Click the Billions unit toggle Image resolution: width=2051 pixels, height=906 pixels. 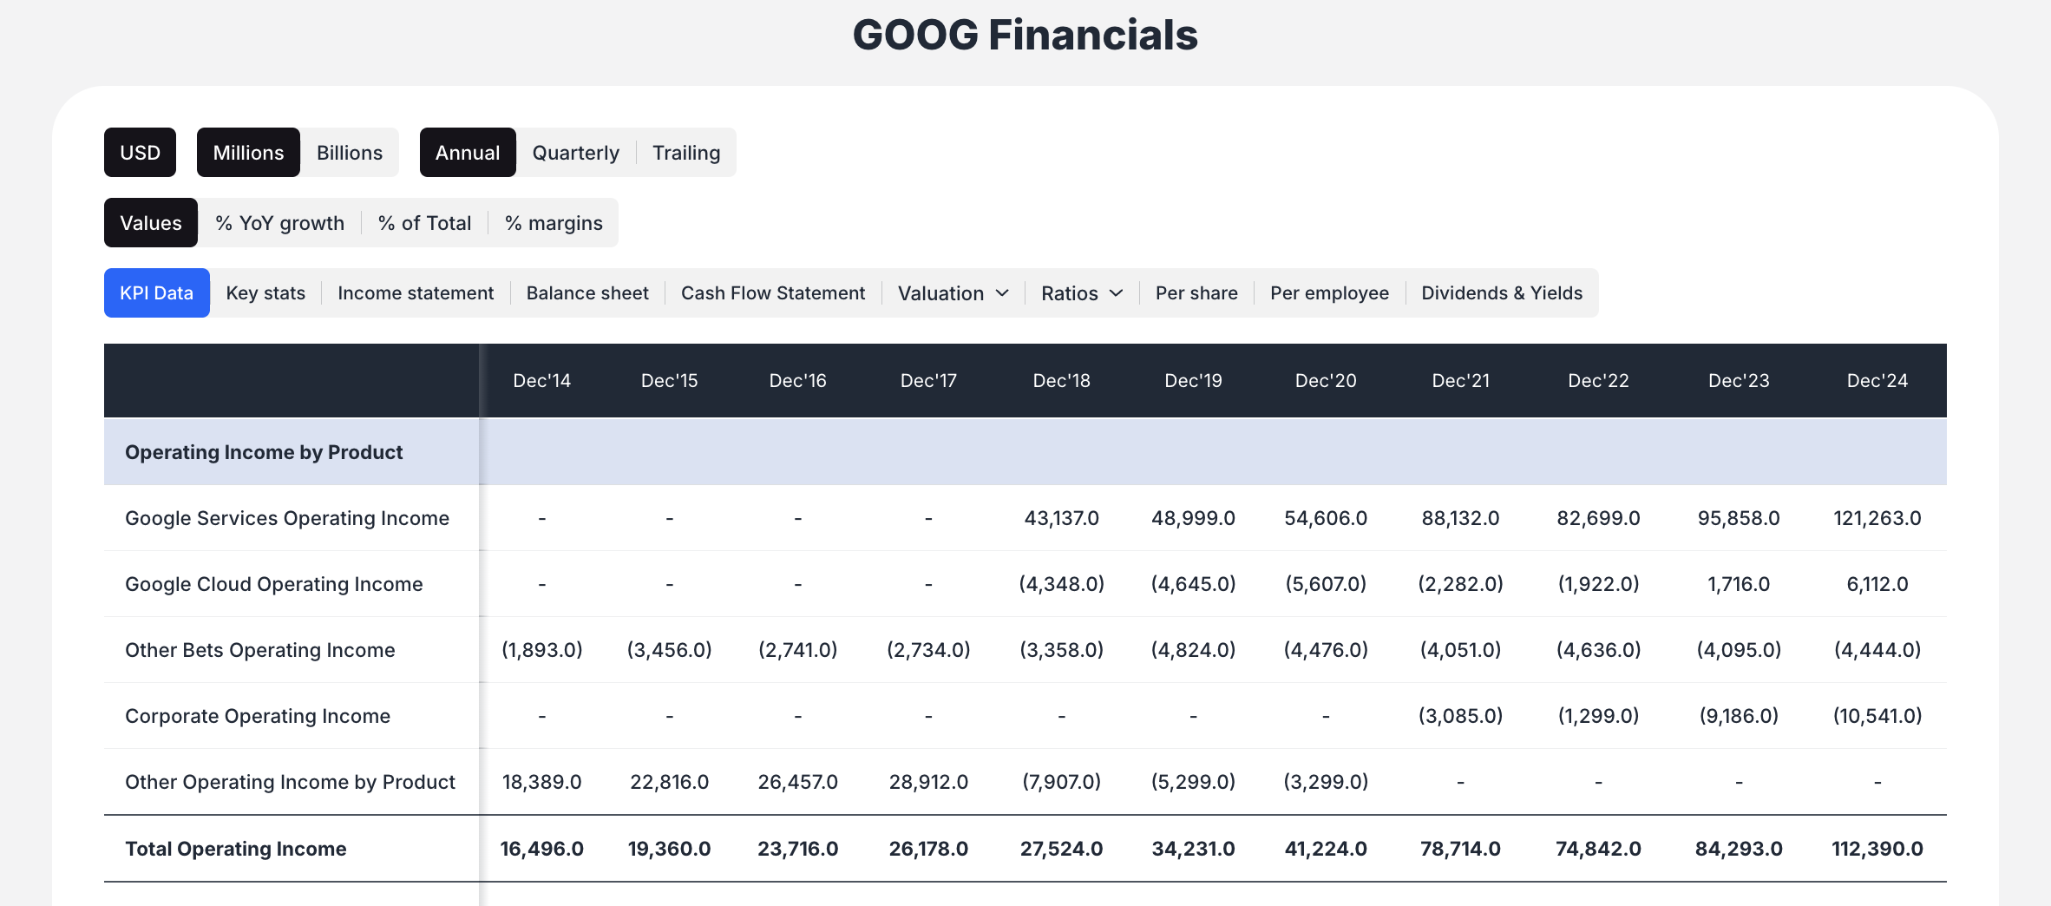coord(349,153)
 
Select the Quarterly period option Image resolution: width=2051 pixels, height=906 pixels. coord(575,153)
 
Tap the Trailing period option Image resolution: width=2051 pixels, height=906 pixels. coord(685,153)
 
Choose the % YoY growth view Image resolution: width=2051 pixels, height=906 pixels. coord(279,223)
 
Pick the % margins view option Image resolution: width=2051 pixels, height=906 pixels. coord(553,223)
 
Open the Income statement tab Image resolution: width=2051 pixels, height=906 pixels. coord(416,293)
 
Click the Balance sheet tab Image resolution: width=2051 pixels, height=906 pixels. coord(587,293)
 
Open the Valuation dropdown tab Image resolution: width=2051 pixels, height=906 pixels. coord(953,293)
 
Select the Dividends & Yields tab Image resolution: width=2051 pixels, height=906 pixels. coord(1501,293)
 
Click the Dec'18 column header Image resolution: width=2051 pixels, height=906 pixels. coord(1061,381)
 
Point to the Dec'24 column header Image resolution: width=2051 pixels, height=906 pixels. coord(1877,381)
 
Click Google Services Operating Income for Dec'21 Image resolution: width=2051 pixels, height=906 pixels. coord(1460,518)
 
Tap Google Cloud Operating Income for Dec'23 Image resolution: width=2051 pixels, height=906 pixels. coord(1738,584)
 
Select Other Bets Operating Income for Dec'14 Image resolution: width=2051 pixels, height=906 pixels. coord(541,650)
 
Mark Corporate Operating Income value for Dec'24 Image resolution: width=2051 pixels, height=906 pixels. coord(1877,716)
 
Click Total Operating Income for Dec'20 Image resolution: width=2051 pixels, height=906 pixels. coord(1325,849)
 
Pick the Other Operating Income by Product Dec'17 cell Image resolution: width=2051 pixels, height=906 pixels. coord(928,782)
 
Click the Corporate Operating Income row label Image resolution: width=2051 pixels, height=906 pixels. coord(258,716)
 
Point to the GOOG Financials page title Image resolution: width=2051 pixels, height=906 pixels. coord(1025,36)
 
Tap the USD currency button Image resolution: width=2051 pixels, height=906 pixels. coord(140,153)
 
